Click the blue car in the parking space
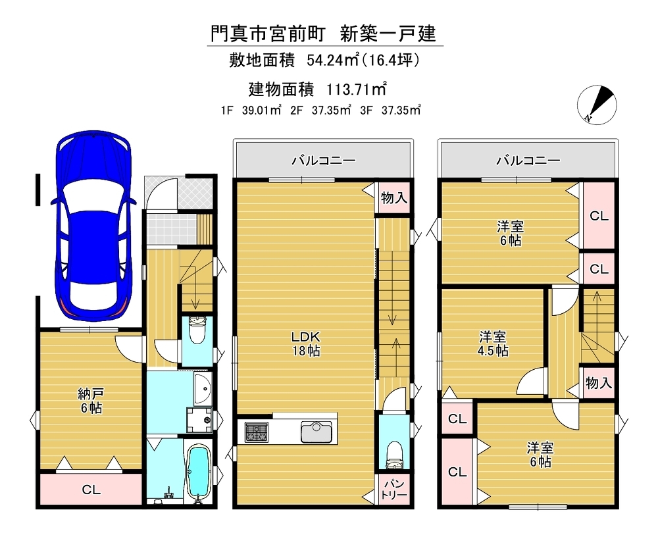pos(93,224)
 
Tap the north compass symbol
pos(597,105)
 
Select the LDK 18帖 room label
pos(306,344)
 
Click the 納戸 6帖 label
pos(91,401)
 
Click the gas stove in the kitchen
pos(257,432)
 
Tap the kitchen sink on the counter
pos(316,432)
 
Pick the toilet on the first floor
pos(197,331)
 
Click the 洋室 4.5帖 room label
pos(493,344)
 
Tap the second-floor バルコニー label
pos(324,161)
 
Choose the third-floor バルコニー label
pos(528,161)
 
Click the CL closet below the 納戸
pos(91,489)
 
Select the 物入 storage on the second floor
pos(393,197)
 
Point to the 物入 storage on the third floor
pos(598,383)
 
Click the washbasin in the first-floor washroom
pos(204,388)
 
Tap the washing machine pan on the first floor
pos(200,420)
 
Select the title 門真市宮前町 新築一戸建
pos(323,34)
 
